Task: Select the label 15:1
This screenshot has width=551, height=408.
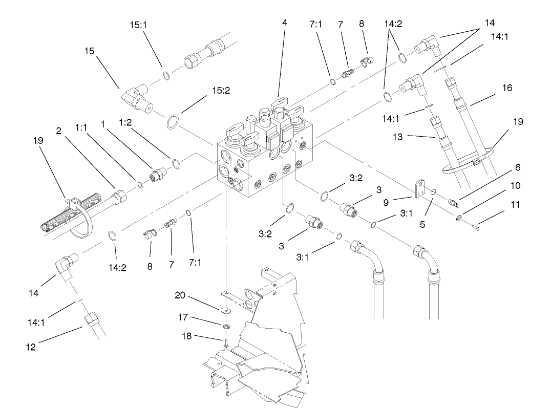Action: pyautogui.click(x=138, y=24)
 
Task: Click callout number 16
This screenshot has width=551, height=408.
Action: pyautogui.click(x=507, y=88)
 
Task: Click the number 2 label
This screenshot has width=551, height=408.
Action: pyautogui.click(x=58, y=131)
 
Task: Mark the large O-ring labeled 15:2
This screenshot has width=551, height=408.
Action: pyautogui.click(x=173, y=123)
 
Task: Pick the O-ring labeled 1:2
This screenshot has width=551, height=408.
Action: pyautogui.click(x=176, y=164)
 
